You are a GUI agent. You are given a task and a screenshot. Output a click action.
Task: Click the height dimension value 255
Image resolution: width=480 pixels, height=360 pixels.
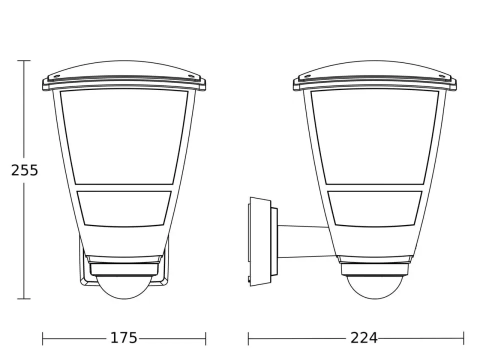click(x=24, y=170)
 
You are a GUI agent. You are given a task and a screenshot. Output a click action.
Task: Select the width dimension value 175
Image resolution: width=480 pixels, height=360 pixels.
click(x=123, y=338)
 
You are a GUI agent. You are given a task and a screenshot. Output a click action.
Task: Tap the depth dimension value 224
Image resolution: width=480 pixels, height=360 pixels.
click(x=364, y=338)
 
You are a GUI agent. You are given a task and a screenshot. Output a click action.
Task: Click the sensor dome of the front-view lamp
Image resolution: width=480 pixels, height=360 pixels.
click(x=124, y=288)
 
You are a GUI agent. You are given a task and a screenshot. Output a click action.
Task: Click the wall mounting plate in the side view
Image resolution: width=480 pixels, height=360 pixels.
click(x=260, y=241)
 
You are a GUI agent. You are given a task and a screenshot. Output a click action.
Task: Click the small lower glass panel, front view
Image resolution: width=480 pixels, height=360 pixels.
click(x=124, y=208)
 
